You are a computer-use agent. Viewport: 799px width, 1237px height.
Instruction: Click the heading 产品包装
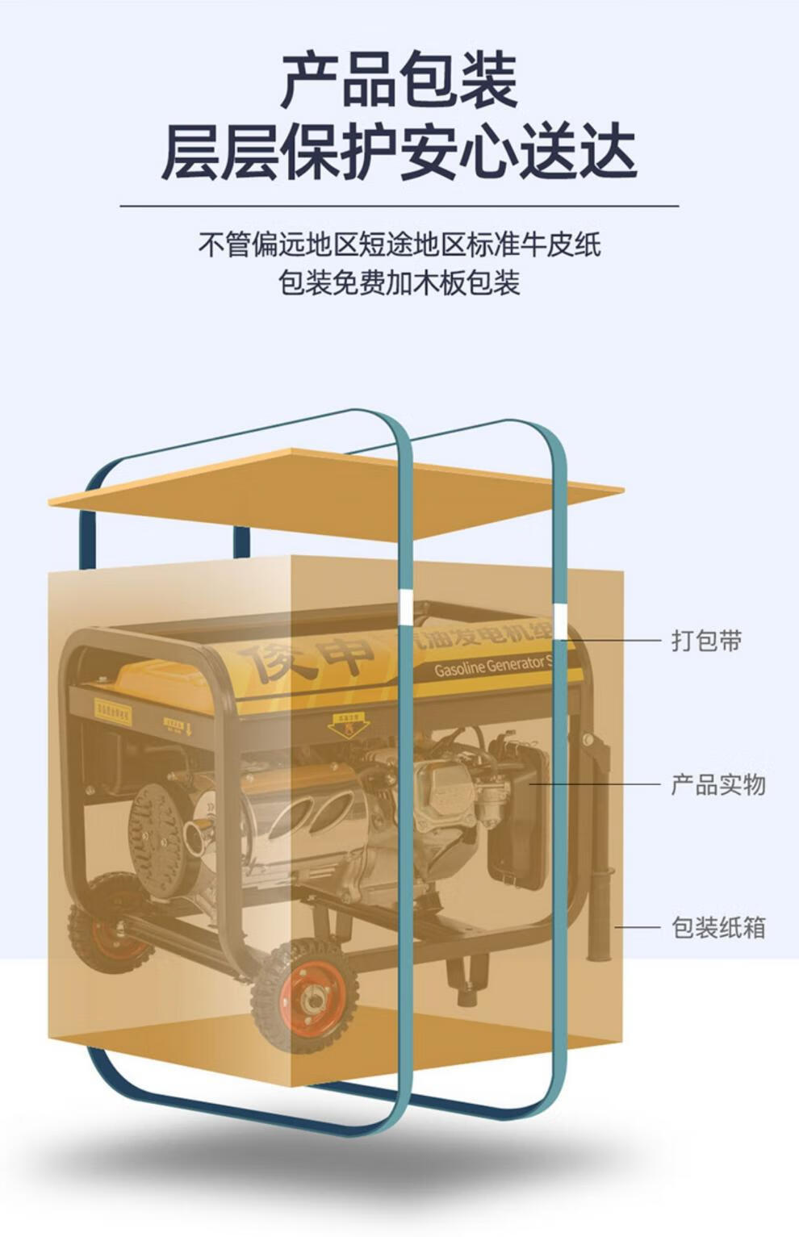click(x=399, y=79)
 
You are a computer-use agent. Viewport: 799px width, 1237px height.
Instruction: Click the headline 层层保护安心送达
click(x=399, y=152)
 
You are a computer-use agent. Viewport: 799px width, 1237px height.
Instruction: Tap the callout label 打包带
click(x=706, y=641)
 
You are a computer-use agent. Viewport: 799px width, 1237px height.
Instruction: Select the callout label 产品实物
click(x=717, y=784)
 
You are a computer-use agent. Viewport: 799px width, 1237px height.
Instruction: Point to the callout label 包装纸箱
click(x=717, y=927)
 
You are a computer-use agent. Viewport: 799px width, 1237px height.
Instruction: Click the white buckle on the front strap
click(x=406, y=606)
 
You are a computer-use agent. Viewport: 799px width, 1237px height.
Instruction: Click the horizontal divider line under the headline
click(x=399, y=207)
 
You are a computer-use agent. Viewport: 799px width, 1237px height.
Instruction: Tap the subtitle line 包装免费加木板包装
click(x=399, y=282)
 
